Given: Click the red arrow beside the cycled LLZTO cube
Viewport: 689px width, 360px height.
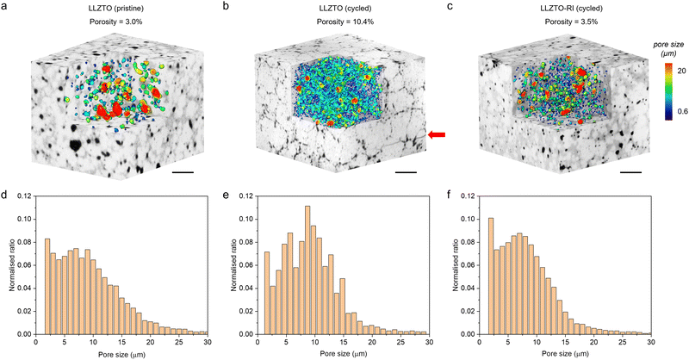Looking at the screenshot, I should point(437,134).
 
